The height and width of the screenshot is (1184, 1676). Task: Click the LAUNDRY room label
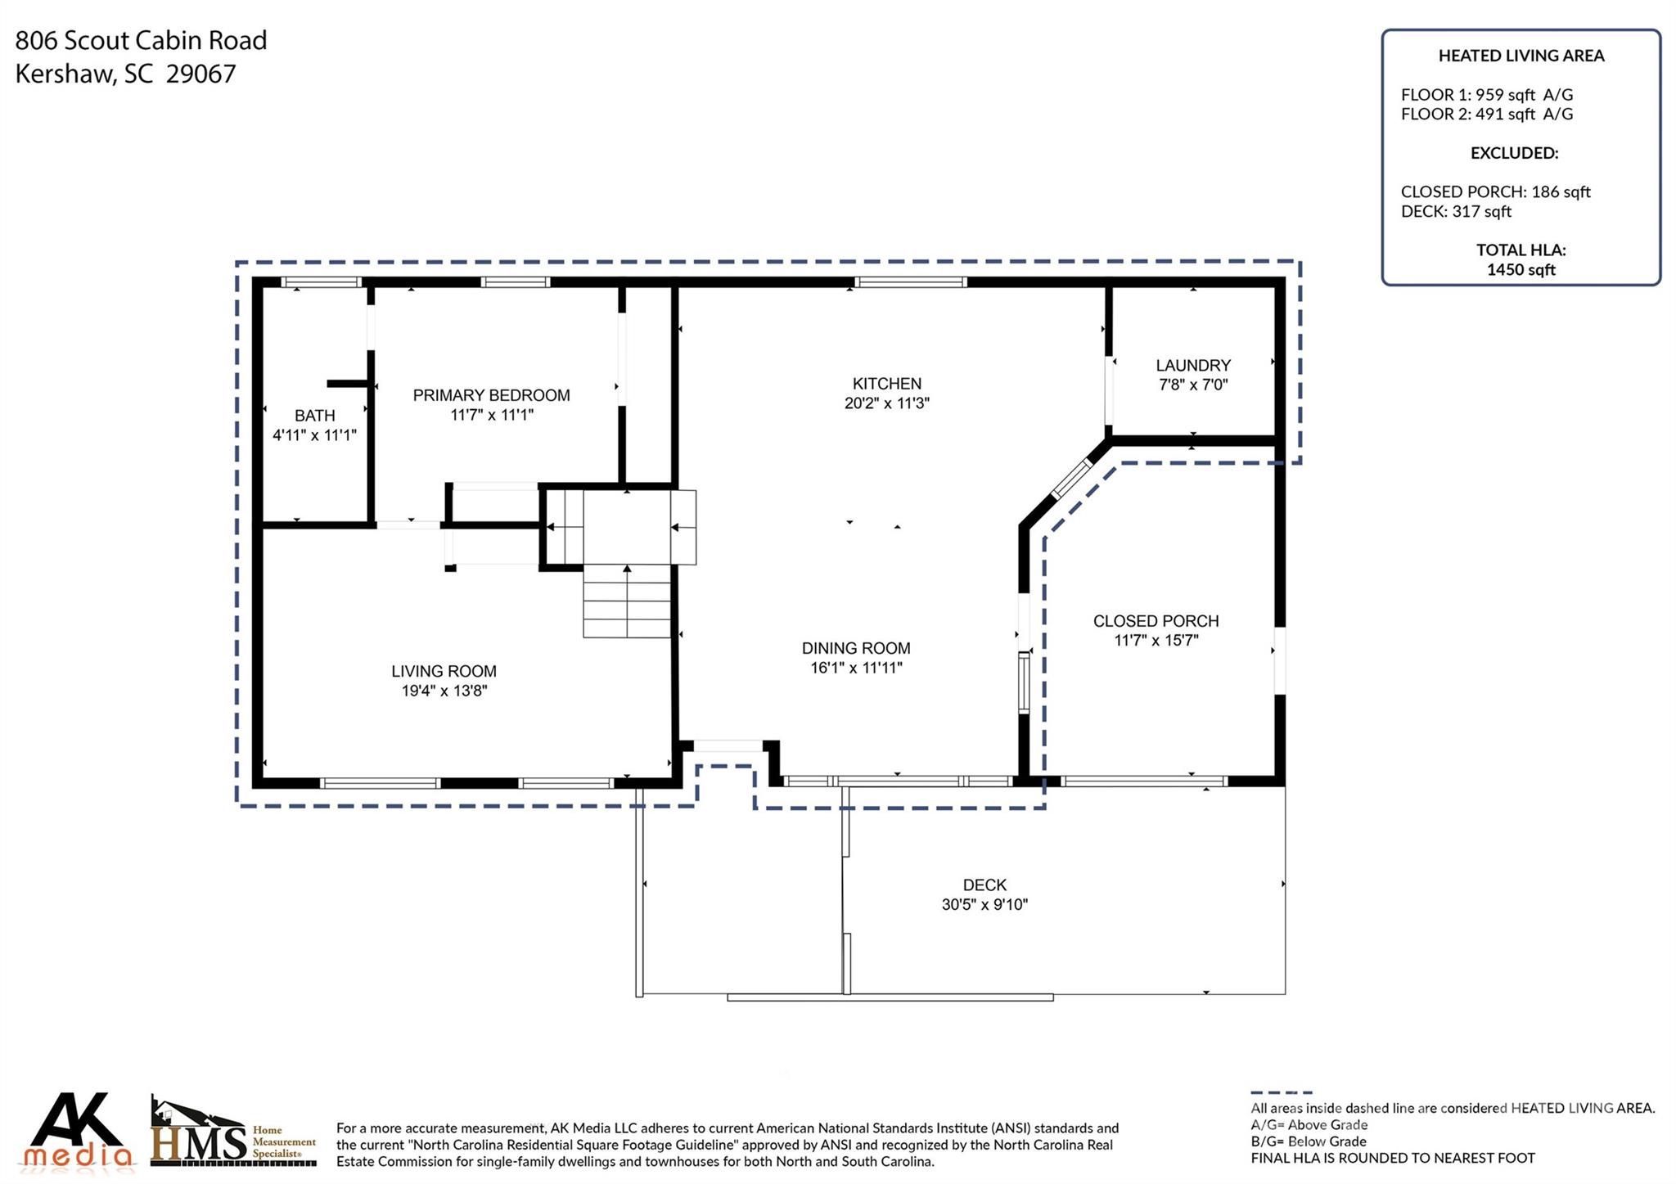1192,366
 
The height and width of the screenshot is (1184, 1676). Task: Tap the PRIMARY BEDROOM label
491,395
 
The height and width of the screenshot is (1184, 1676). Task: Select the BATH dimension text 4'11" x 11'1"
314,435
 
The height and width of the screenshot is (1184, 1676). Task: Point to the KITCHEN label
886,384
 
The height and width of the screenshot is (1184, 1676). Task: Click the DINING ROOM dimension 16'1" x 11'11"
856,668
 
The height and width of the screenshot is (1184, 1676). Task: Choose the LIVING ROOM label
444,671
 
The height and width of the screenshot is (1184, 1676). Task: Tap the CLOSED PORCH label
1156,621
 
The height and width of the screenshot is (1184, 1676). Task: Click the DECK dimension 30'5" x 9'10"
984,904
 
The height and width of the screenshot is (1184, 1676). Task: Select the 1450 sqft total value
1521,270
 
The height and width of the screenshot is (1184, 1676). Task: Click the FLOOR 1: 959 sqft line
1486,95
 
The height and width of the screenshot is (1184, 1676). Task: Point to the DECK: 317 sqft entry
1456,212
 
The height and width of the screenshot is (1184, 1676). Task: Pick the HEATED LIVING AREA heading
1521,56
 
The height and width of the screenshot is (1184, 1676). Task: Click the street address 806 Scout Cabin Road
141,40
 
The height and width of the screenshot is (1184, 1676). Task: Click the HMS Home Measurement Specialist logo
233,1131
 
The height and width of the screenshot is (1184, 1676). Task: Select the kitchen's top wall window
910,282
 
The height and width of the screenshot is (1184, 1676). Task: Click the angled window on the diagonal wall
1071,479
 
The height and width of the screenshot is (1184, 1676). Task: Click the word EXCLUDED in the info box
1513,153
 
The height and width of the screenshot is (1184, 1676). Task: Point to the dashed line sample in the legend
1281,1092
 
